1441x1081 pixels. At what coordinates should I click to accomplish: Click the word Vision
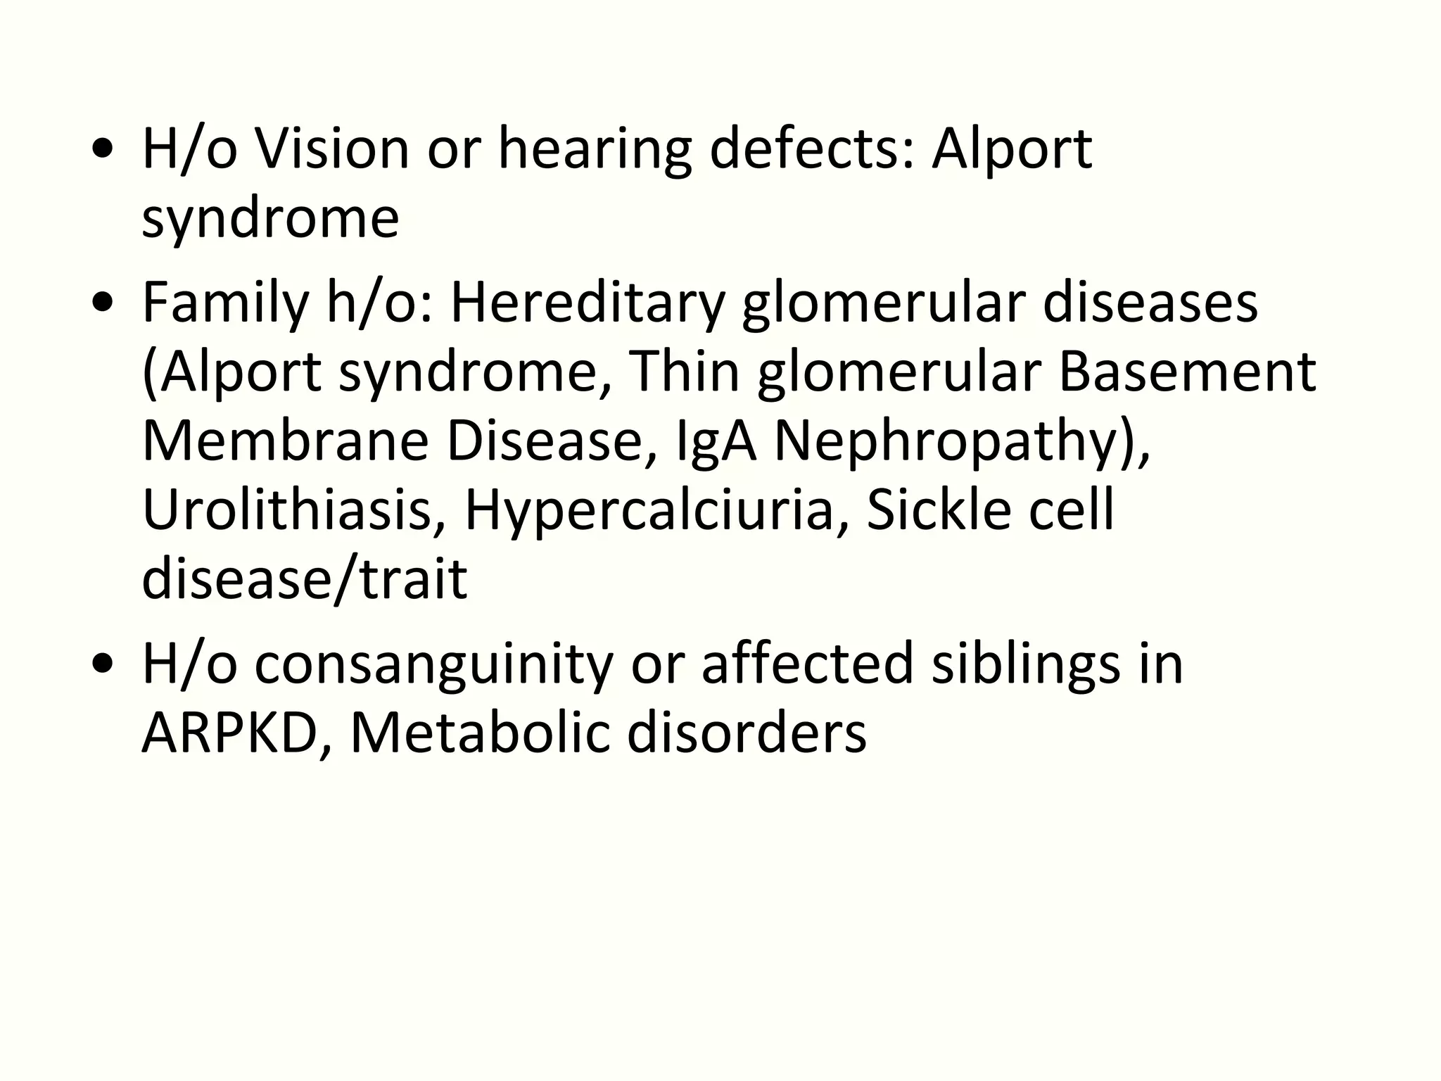click(331, 149)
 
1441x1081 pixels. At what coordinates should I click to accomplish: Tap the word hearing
click(595, 149)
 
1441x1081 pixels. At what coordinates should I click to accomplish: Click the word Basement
click(1186, 372)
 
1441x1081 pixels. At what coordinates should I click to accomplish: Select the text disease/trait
click(304, 579)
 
